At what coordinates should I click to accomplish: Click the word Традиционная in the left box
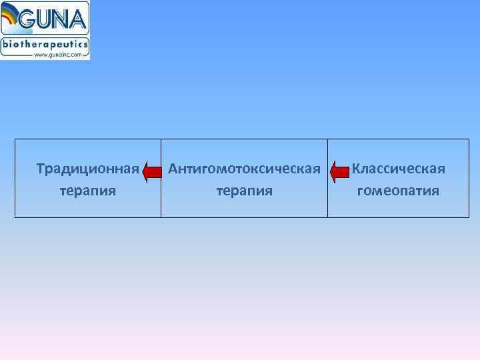pos(88,169)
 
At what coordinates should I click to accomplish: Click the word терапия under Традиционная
pos(88,191)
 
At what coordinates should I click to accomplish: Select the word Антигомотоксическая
pos(245,169)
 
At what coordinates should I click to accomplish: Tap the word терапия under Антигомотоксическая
pos(245,191)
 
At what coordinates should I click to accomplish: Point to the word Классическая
pos(399,169)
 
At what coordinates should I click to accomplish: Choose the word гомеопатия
pos(399,191)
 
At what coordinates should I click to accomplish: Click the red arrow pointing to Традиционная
pos(153,172)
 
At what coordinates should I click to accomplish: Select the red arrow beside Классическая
pos(340,172)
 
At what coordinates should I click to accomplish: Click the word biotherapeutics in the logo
pos(45,43)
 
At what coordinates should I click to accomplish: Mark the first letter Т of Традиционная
pos(41,169)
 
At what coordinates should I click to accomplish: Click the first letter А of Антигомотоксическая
pos(173,169)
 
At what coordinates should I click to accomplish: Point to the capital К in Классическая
pos(356,169)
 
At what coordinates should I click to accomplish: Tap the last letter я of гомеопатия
pos(435,192)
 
